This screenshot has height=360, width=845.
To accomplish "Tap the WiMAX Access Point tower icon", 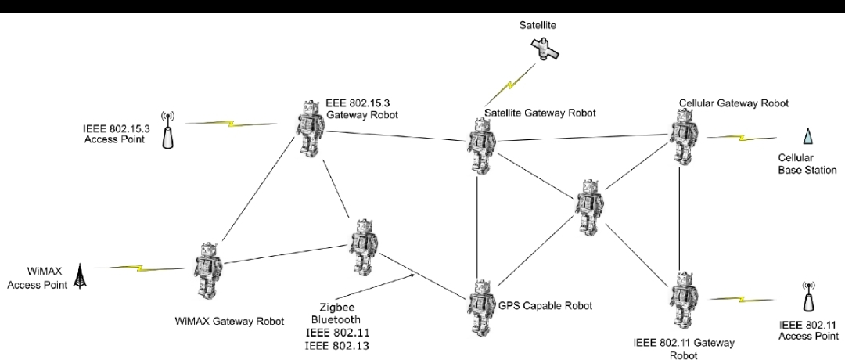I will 80,275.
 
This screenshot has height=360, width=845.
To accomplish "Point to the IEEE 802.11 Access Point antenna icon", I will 808,298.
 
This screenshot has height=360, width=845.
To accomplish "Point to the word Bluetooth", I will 336,320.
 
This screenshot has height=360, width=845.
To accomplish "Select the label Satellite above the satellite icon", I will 538,25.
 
